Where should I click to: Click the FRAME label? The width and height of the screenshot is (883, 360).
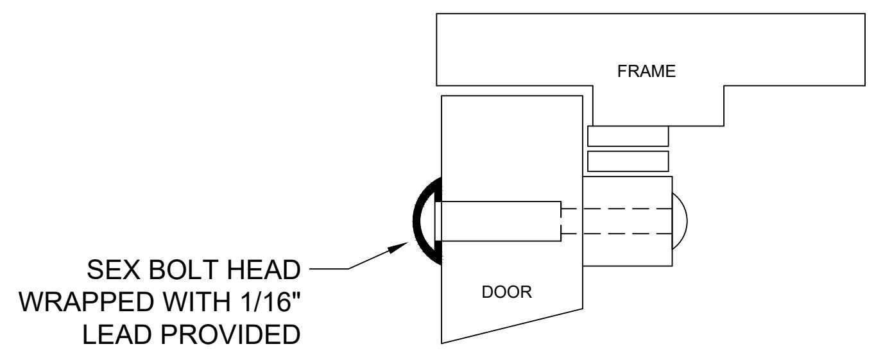tap(646, 71)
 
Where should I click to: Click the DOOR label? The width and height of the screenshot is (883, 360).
tap(506, 292)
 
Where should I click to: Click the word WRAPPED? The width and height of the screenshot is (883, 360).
tap(87, 302)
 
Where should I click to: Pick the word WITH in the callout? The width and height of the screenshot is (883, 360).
tap(197, 302)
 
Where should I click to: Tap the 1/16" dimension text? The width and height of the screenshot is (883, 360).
tap(270, 302)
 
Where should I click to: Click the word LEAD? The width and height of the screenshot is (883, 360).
tap(116, 335)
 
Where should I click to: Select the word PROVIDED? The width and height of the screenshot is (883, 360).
tap(230, 335)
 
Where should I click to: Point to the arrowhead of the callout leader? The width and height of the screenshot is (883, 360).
tap(398, 248)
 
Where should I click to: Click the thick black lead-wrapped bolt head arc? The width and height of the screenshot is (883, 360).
tap(416, 221)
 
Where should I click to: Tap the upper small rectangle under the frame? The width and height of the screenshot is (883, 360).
tap(628, 136)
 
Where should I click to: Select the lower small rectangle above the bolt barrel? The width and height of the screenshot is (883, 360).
tap(628, 161)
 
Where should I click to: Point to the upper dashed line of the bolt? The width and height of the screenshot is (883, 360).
tap(617, 209)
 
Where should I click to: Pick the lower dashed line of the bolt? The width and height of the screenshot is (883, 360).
tap(617, 234)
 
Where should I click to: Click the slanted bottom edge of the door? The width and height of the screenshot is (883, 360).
tap(512, 326)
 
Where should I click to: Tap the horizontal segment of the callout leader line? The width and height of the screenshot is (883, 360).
tap(329, 269)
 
